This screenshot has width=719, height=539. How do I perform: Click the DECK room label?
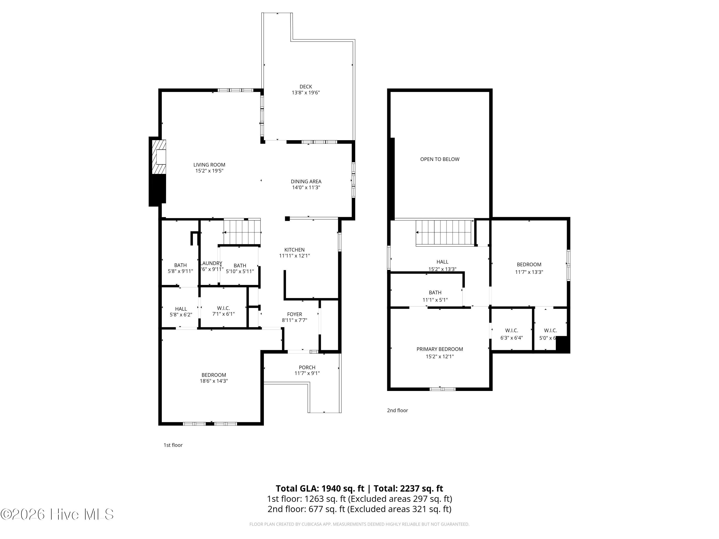pos(306,87)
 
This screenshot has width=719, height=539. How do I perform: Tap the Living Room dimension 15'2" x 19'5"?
pos(209,171)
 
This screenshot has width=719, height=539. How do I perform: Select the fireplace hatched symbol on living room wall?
pos(160,157)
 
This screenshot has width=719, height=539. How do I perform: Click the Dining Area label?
pos(306,182)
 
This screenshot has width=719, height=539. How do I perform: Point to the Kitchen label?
pos(294,250)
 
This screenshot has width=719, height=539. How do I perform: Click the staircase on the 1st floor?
pos(242,232)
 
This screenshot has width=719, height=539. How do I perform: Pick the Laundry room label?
pos(211,263)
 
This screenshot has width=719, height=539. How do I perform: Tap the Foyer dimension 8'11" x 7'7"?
pos(294,320)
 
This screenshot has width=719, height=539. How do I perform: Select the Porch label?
pos(307,367)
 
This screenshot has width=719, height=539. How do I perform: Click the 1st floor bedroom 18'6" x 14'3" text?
pos(214,381)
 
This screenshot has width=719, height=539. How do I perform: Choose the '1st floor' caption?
pos(173,445)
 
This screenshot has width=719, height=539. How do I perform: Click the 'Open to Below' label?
pos(440,159)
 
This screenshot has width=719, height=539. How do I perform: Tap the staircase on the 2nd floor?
pos(444,232)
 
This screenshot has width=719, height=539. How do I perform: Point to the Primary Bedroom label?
pos(440,349)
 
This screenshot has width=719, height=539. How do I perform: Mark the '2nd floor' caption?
pos(397,410)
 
